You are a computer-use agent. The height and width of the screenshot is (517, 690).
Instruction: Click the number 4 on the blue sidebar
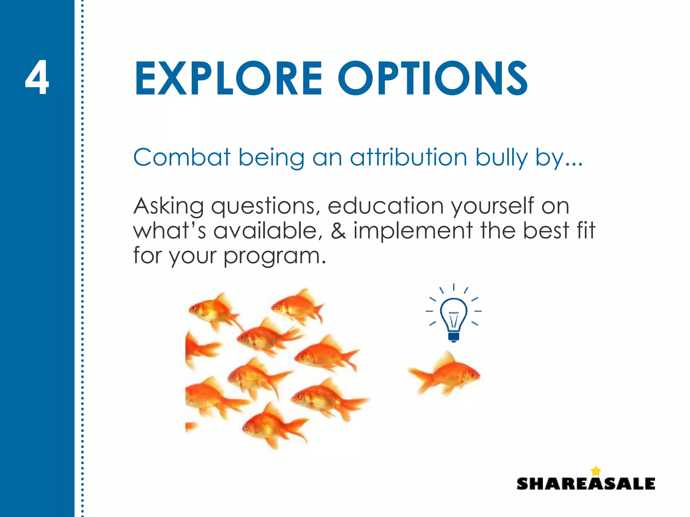point(37,78)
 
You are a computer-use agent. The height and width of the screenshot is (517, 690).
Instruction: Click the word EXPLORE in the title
point(228,79)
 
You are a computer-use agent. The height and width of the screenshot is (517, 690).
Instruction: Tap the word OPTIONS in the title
point(433,79)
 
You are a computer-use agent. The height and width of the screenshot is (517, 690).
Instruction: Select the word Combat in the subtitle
point(182,158)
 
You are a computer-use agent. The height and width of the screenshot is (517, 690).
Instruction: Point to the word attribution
point(408,158)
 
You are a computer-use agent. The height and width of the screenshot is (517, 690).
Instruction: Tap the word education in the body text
point(385,206)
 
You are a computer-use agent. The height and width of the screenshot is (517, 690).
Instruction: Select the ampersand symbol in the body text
point(338,231)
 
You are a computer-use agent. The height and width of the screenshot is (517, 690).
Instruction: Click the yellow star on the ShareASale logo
point(596,471)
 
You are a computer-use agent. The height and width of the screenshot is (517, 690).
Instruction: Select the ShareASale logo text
point(586,484)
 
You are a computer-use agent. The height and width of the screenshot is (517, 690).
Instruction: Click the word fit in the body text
point(586,231)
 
